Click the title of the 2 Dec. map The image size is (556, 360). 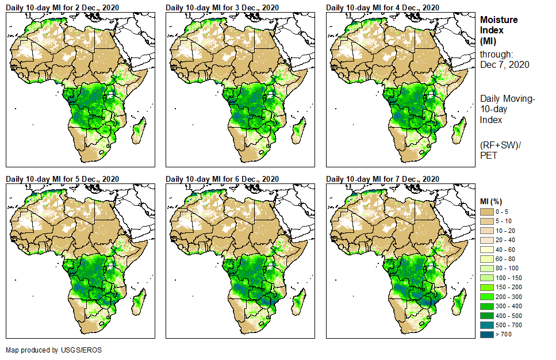(62, 7)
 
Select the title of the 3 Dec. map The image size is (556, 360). (222, 7)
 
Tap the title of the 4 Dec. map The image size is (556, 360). (382, 7)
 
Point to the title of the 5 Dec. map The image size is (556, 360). (62, 179)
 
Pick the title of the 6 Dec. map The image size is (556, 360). (222, 179)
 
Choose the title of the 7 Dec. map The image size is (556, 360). (382, 179)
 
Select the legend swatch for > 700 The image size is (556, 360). (488, 334)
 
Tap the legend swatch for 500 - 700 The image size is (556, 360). (488, 325)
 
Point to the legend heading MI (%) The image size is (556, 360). (493, 201)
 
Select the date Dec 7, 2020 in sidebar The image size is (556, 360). (505, 64)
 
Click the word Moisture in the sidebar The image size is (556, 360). (499, 20)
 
